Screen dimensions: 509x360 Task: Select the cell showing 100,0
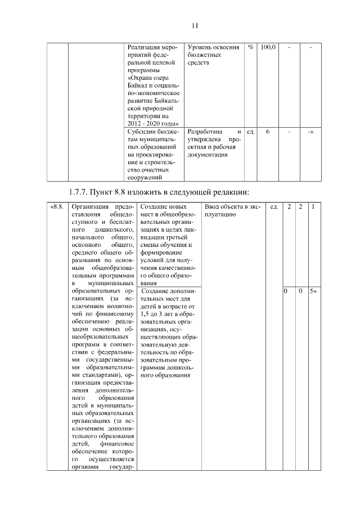click(268, 47)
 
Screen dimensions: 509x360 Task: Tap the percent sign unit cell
click(250, 47)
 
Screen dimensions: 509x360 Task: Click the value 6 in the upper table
click(268, 132)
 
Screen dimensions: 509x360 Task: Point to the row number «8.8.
click(57, 207)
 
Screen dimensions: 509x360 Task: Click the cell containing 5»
click(313, 291)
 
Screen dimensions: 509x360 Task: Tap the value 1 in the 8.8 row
click(313, 207)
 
